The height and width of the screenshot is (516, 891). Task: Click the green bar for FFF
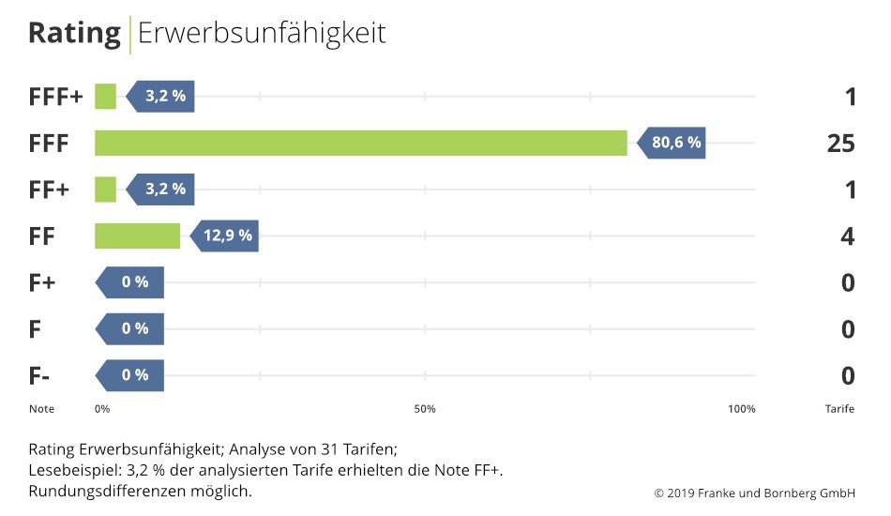click(x=361, y=144)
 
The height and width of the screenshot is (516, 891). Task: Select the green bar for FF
click(x=137, y=235)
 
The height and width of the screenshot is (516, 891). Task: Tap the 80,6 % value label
click(x=675, y=144)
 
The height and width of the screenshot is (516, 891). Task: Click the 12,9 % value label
click(x=227, y=235)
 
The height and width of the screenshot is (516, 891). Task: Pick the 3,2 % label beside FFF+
click(x=164, y=97)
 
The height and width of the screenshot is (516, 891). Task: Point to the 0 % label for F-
click(x=134, y=374)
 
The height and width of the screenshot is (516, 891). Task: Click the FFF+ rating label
click(x=55, y=97)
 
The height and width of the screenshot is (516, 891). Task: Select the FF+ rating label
click(x=49, y=190)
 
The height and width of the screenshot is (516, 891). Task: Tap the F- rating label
click(x=39, y=375)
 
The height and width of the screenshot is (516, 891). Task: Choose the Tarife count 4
click(x=848, y=236)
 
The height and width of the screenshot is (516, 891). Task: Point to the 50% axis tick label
click(x=425, y=409)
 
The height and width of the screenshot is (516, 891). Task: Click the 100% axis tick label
click(x=741, y=409)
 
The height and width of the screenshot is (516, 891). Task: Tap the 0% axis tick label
click(x=102, y=409)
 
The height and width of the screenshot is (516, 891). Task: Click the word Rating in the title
click(x=74, y=33)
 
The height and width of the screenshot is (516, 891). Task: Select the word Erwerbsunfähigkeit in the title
click(x=262, y=33)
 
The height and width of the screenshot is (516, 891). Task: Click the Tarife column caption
click(x=839, y=409)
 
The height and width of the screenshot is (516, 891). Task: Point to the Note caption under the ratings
click(x=41, y=409)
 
